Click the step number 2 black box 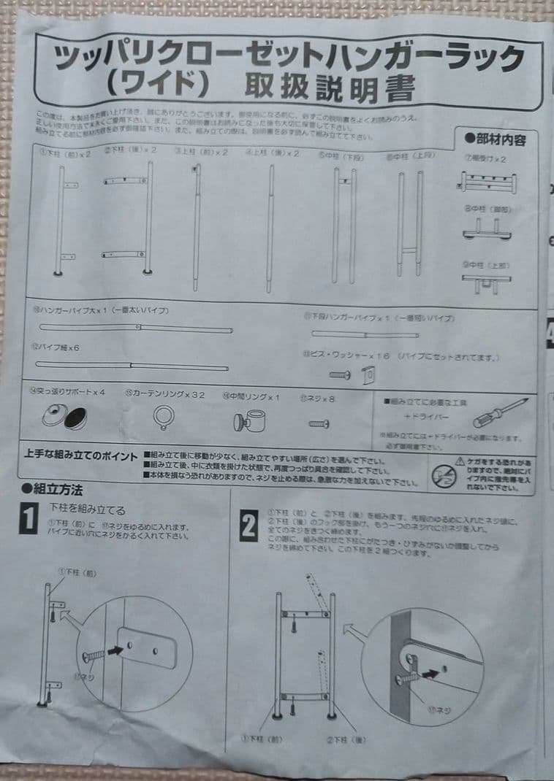pyautogui.click(x=248, y=526)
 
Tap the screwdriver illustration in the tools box pyautogui.click(x=500, y=413)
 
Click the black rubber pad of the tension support pyautogui.click(x=75, y=420)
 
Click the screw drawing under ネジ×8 pyautogui.click(x=319, y=423)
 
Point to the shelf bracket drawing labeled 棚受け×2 pyautogui.click(x=487, y=182)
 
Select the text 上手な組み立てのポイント pyautogui.click(x=80, y=456)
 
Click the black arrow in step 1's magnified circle pyautogui.click(x=115, y=647)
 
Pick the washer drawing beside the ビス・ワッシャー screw pyautogui.click(x=369, y=375)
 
